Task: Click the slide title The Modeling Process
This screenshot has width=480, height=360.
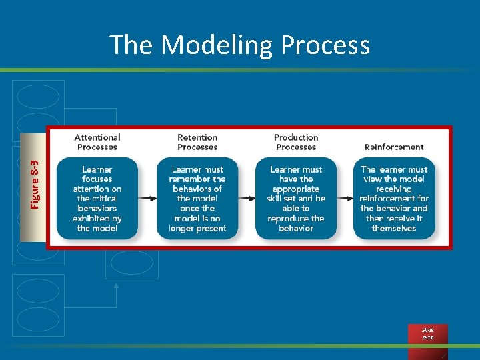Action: coord(239,45)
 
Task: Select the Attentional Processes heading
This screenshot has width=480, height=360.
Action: coord(97,142)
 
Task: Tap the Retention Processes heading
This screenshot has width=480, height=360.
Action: coord(197,142)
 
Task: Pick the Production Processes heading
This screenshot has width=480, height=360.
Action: coord(296,142)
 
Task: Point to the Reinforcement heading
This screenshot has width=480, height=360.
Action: coord(394,147)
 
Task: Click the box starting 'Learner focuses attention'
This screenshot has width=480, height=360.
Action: coord(97,199)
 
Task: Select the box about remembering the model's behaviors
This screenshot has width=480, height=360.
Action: coord(197,199)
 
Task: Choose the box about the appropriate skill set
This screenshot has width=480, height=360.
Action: coord(296,199)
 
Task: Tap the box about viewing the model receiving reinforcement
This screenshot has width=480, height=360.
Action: coord(394,199)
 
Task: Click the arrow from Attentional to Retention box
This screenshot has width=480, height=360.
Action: coord(147,198)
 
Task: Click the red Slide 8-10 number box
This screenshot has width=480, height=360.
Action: coord(427,334)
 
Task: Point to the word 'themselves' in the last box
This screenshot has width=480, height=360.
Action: coord(394,228)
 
